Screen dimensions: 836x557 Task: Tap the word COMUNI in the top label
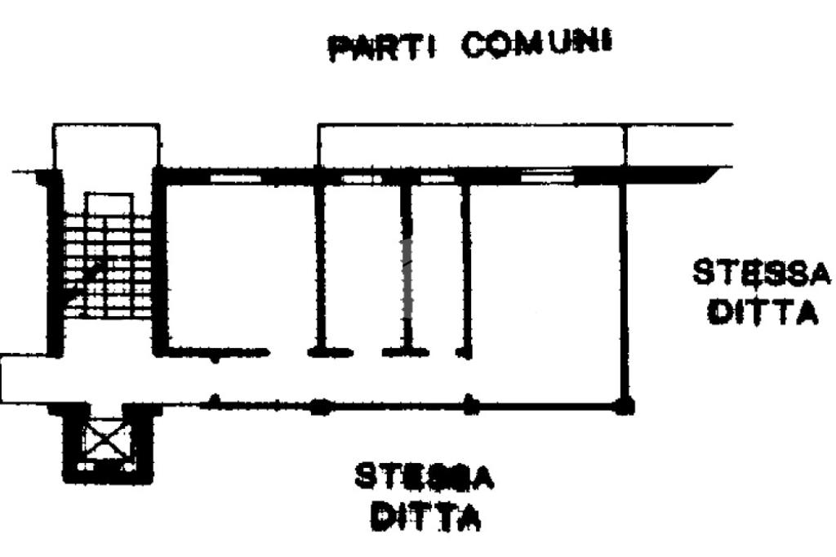(536, 45)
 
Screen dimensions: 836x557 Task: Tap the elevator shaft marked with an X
(104, 442)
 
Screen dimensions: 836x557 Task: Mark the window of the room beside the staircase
(235, 176)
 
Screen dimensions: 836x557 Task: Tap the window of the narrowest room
(436, 176)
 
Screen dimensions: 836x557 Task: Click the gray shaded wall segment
(408, 278)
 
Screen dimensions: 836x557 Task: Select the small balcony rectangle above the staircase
(106, 145)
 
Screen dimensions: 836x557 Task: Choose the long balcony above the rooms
(470, 145)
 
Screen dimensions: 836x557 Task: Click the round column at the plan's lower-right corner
(626, 406)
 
